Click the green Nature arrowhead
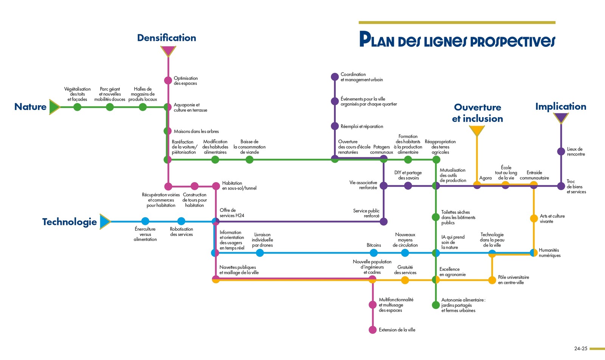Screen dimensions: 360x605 coord(54,107)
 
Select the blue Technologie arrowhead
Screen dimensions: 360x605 coord(105,222)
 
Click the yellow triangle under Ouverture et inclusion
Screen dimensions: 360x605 coord(477,130)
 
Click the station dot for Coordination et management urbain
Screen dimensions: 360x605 coord(335,77)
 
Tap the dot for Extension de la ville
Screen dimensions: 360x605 coord(372,330)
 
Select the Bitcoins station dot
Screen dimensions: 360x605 coord(374,253)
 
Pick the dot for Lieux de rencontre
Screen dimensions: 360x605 coord(561,151)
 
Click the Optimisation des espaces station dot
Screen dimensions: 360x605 coord(168,80)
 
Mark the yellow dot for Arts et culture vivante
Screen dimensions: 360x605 coord(534,218)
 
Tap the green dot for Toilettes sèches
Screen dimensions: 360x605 coord(436,217)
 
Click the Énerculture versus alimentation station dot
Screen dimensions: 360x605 coord(145,221)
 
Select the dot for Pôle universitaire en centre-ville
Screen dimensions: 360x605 coord(492,280)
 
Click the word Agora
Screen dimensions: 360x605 coord(486,178)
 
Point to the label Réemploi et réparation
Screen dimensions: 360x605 coord(361,127)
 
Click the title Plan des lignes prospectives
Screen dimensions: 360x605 coord(457,40)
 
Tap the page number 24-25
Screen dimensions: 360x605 coord(581,348)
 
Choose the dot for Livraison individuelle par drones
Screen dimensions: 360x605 coord(260,253)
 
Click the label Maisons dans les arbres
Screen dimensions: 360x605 coord(196,132)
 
